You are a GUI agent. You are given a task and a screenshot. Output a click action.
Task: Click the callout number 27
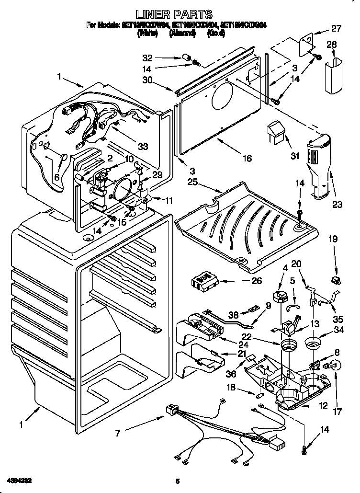pos(337,29)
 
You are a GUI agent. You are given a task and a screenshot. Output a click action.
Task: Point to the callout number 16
pos(247,159)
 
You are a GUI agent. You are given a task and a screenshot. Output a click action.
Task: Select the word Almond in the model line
pos(182,33)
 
